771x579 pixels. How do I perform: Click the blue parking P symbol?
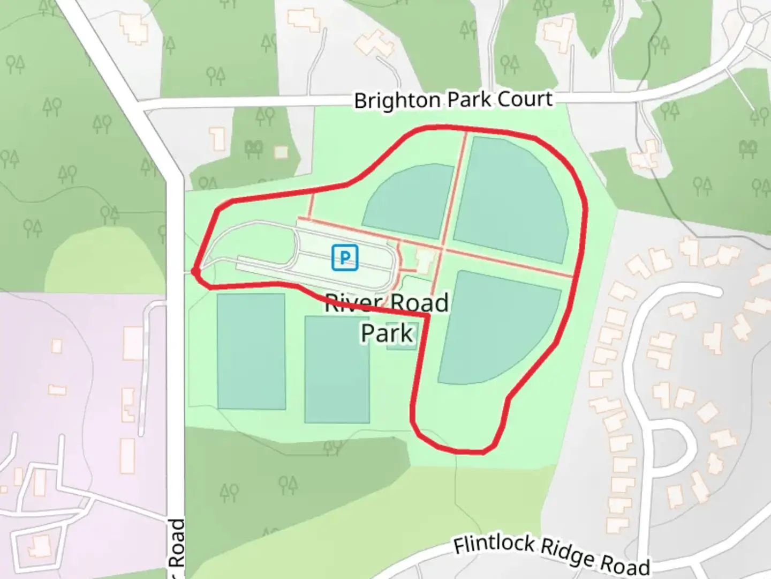[345, 257]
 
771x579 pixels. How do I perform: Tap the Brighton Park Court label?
[453, 100]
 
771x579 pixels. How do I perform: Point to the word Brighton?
[397, 100]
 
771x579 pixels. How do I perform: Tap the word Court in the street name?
[525, 99]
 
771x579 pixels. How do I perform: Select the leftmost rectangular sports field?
[251, 351]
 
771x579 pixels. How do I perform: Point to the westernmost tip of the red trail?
[194, 271]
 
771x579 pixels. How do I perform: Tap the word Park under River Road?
[387, 333]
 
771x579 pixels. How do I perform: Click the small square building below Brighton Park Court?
[281, 152]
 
